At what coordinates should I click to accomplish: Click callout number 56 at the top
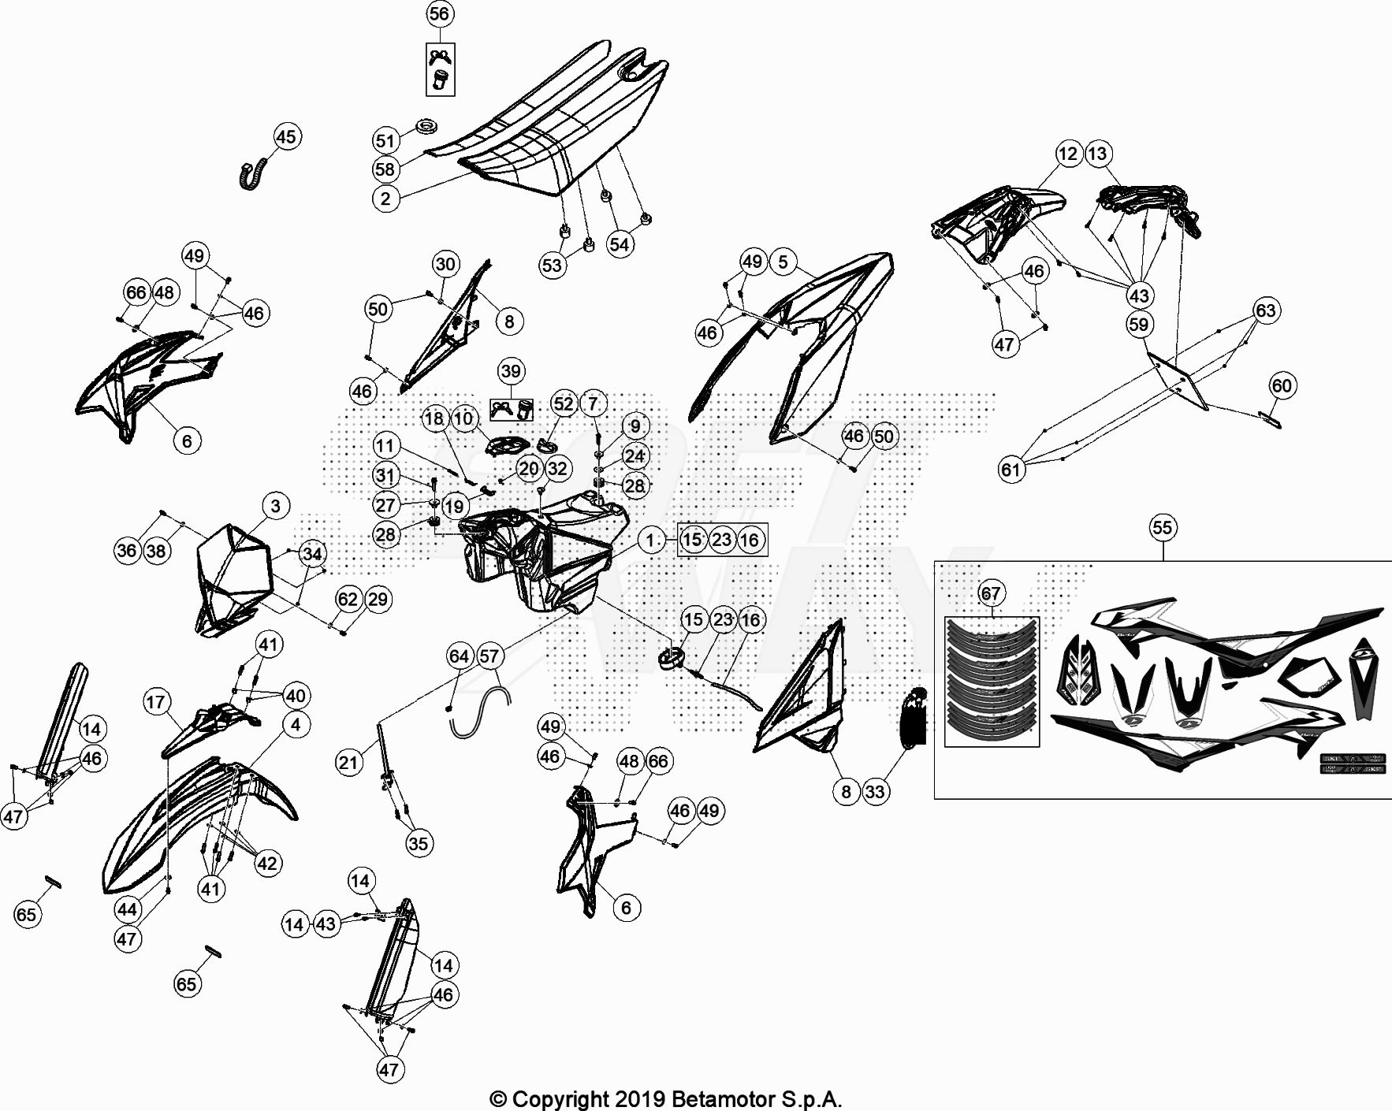click(439, 13)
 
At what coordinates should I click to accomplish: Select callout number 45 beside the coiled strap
click(286, 136)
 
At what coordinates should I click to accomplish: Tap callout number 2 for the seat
click(385, 199)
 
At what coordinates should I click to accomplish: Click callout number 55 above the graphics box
click(1163, 527)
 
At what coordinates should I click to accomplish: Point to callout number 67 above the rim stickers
click(991, 593)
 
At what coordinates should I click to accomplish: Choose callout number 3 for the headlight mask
click(275, 505)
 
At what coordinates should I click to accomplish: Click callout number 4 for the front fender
click(296, 724)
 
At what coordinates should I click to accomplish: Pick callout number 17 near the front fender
click(156, 702)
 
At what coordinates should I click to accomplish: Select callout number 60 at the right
click(1282, 385)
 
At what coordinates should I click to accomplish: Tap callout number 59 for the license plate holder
click(1138, 324)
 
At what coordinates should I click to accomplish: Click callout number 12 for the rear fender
click(1068, 153)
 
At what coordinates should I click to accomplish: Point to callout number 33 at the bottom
click(876, 791)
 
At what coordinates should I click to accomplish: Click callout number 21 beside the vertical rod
click(348, 762)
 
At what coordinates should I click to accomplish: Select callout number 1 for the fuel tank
click(651, 540)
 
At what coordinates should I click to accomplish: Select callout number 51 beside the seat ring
click(385, 141)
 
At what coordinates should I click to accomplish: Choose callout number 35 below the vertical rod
click(418, 844)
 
